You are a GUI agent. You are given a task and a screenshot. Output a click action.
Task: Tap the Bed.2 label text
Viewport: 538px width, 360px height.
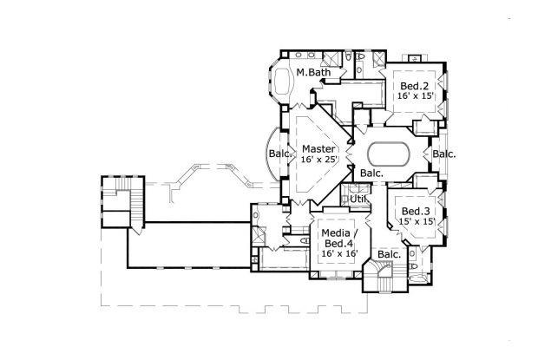point(413,86)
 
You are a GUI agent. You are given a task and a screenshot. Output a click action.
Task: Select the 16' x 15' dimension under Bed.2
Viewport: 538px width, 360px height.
point(413,98)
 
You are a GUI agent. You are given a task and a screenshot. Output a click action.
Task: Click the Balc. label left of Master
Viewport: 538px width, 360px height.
point(279,154)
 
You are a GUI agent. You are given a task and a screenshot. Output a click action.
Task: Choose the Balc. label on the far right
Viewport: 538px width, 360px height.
point(445,154)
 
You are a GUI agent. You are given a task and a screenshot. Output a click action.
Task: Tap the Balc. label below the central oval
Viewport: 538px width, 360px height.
point(372,173)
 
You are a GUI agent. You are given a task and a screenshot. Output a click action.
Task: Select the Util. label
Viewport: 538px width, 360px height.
point(358,200)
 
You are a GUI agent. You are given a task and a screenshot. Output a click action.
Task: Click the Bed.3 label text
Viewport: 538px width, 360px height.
point(415,211)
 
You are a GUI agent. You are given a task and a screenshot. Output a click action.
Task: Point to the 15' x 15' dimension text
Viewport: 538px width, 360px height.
point(415,223)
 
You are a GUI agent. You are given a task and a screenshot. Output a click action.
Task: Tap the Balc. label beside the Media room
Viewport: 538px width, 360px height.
point(389,254)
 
